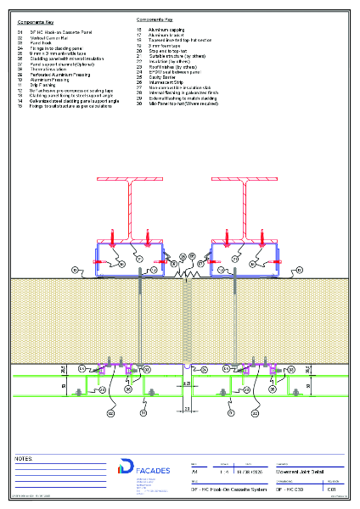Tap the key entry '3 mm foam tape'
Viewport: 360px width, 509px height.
click(162, 45)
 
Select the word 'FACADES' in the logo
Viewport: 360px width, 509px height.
click(152, 470)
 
